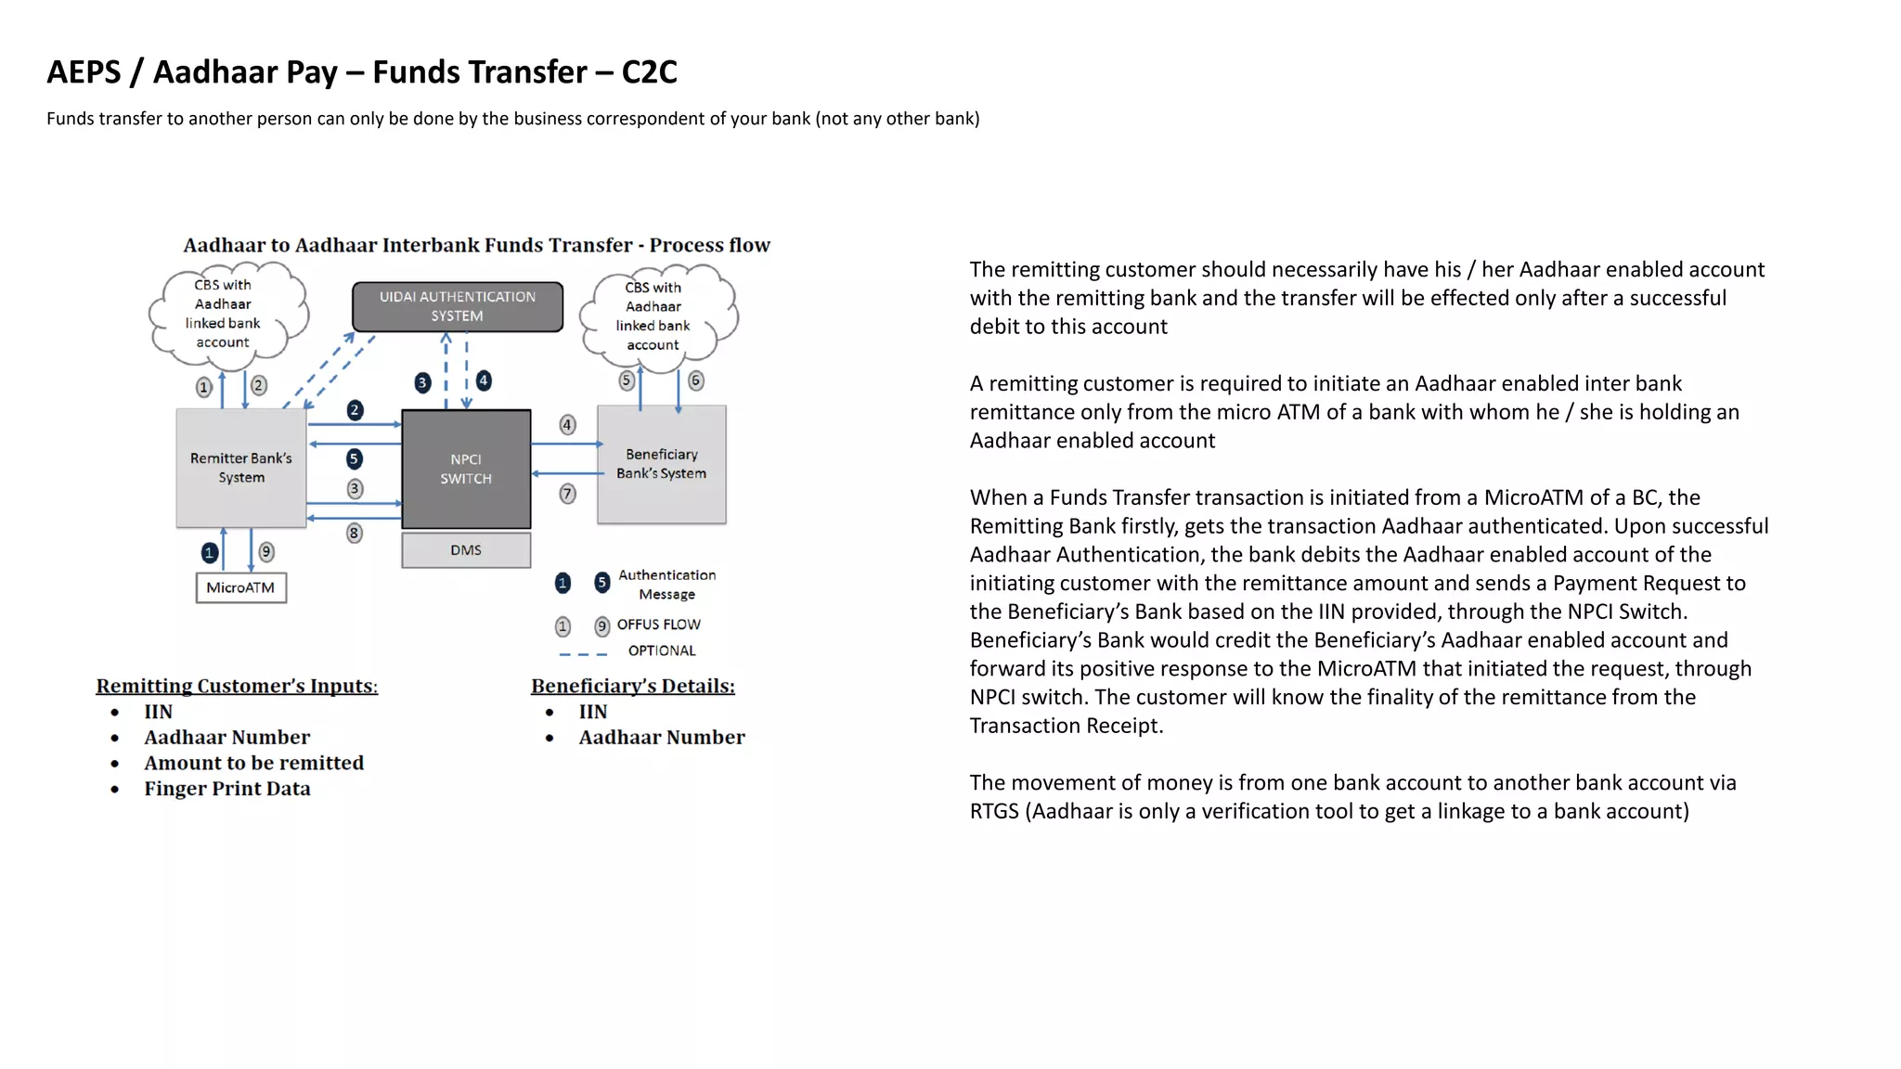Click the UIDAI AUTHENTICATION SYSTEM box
point(457,307)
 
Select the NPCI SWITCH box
point(466,469)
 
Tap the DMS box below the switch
point(466,550)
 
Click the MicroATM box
point(240,587)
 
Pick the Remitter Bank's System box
point(241,468)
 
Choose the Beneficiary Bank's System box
point(661,464)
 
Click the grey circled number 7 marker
point(567,494)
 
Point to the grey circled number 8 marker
point(354,533)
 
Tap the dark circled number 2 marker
point(355,410)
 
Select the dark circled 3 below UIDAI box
point(422,382)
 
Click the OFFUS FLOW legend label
point(658,625)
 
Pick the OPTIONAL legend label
point(661,650)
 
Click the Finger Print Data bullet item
point(226,789)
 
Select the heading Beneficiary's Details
point(632,686)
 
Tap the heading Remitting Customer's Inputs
point(237,686)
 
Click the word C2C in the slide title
point(649,71)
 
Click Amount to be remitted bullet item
point(253,763)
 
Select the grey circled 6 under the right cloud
point(696,380)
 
